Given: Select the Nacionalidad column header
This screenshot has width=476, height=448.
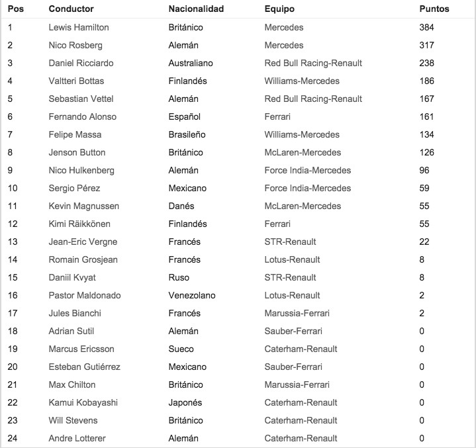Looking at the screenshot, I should click(196, 9).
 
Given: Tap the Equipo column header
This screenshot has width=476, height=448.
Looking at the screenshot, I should click(279, 9).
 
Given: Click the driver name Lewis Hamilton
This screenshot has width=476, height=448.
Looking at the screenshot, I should click(79, 28).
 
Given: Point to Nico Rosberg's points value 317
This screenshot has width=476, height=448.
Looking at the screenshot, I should click(426, 46).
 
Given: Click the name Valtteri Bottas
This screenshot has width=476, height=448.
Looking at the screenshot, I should click(76, 81).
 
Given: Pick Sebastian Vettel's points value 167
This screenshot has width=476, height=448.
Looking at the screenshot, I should click(426, 99).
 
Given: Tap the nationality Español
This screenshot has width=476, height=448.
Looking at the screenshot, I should click(184, 117).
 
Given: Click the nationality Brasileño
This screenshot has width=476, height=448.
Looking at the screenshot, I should click(187, 135).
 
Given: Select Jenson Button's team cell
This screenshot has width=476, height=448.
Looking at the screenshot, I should click(302, 153).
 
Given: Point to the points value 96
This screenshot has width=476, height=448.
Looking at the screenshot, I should click(424, 171).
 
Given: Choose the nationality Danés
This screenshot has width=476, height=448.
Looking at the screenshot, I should click(181, 206).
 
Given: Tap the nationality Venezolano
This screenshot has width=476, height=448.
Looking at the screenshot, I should click(192, 296).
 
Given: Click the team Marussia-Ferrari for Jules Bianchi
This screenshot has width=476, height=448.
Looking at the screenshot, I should click(297, 314).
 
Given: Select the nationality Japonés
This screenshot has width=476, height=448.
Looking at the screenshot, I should click(185, 403).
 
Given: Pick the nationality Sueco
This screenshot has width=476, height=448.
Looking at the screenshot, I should click(180, 349).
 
